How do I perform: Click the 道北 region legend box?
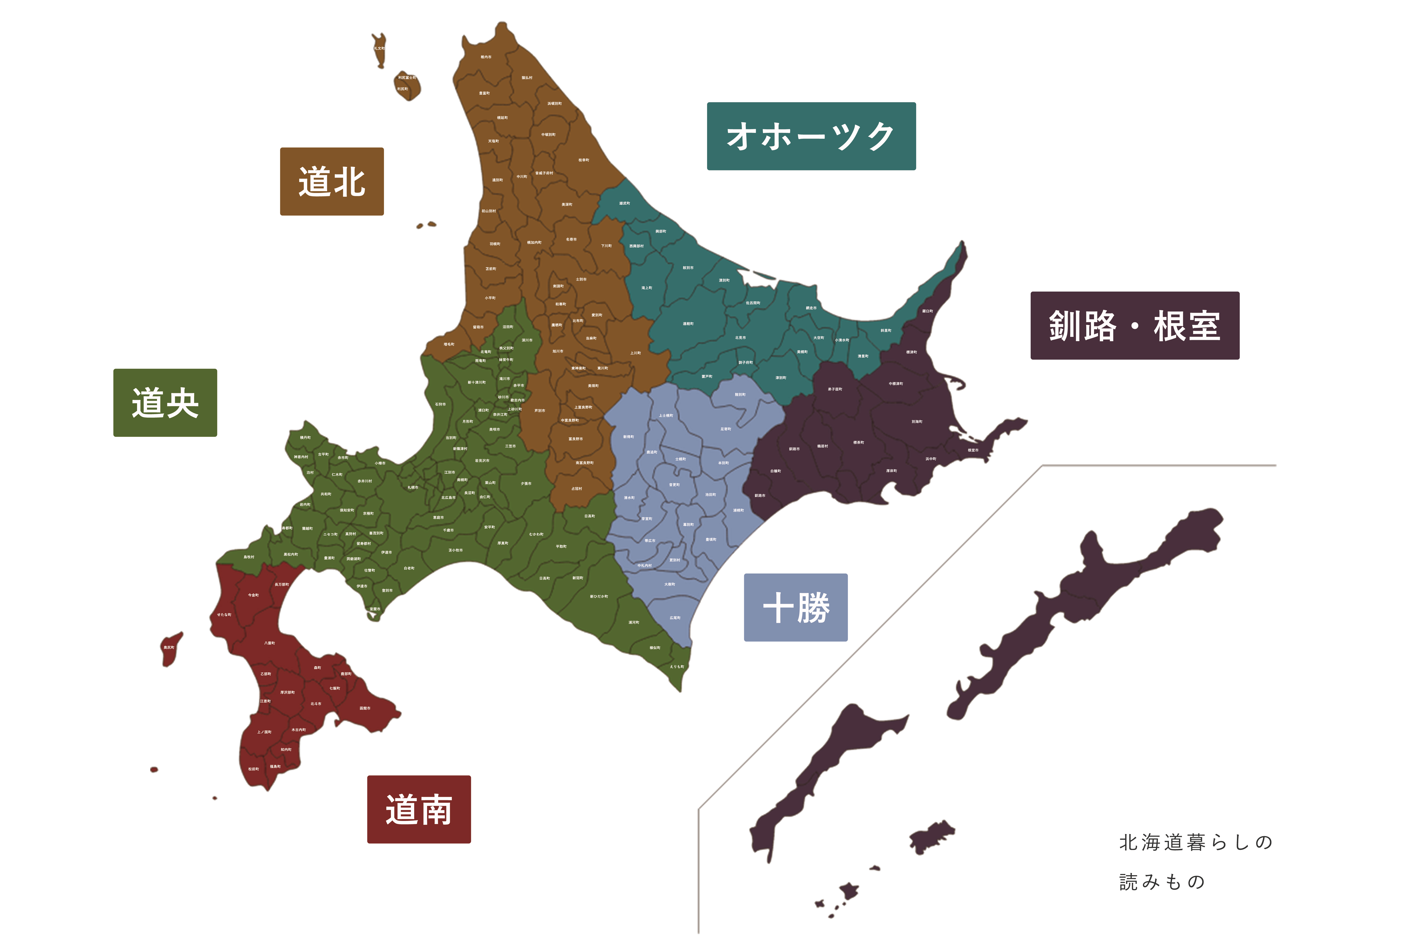point(332,181)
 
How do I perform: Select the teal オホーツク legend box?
point(811,136)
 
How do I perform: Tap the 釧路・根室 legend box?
point(1134,326)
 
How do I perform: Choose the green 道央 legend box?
point(165,402)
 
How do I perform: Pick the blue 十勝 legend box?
point(796,607)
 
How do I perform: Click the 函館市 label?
point(365,708)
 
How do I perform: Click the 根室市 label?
point(973,450)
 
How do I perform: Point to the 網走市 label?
point(811,308)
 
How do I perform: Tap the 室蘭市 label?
point(375,609)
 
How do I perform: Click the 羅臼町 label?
point(927,312)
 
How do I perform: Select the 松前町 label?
point(254,769)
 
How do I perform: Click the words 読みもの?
point(1161,881)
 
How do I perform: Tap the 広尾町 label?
point(675,617)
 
